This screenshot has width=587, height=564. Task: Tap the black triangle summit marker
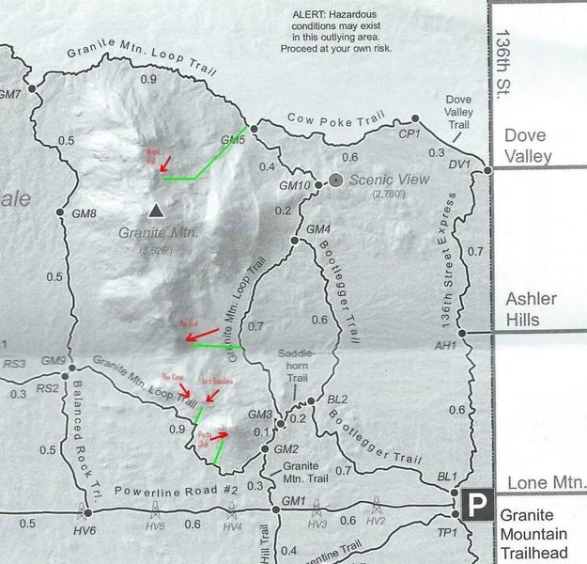pos(156,210)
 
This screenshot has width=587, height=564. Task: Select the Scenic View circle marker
pos(336,180)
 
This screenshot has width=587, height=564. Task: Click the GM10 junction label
pos(295,186)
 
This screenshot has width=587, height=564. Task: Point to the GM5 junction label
pos(233,140)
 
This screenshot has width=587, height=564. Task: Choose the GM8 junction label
pos(85,214)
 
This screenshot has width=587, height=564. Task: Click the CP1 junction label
pos(409,133)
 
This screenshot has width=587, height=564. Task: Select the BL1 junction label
pos(447,477)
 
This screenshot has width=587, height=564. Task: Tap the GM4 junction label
pos(318,229)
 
